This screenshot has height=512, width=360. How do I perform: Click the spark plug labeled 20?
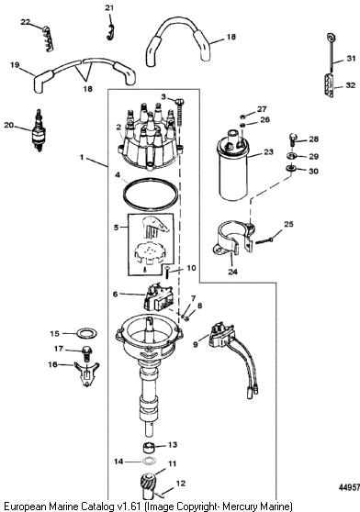pos(39,131)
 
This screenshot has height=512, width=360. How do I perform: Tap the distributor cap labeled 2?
pos(149,137)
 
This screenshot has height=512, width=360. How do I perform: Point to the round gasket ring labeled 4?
pos(151,195)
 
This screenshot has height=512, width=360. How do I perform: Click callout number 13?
pos(173,444)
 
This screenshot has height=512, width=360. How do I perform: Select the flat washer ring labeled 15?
pos(86,334)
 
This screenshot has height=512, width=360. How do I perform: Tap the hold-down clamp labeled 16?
pos(86,373)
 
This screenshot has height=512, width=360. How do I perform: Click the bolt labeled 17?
pos(87,353)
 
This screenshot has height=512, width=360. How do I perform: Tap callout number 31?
pos(351,59)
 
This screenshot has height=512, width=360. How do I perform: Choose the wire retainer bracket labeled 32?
pos(329,85)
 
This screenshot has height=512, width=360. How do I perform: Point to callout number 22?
pos(25,22)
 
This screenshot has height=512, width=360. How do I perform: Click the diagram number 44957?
pos(349,487)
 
